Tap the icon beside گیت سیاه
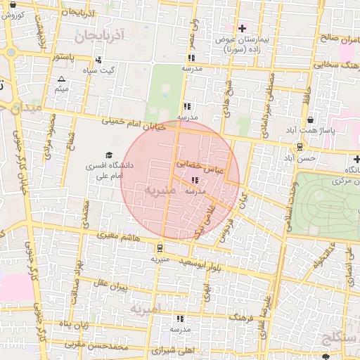coord(98,60)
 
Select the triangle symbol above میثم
coord(61,79)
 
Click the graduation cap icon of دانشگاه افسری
coord(108,155)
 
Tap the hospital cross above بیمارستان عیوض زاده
coord(243,28)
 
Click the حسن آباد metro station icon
coord(300,146)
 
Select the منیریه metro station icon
coord(160,247)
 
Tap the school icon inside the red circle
coord(195,181)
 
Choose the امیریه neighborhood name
coord(146,309)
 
